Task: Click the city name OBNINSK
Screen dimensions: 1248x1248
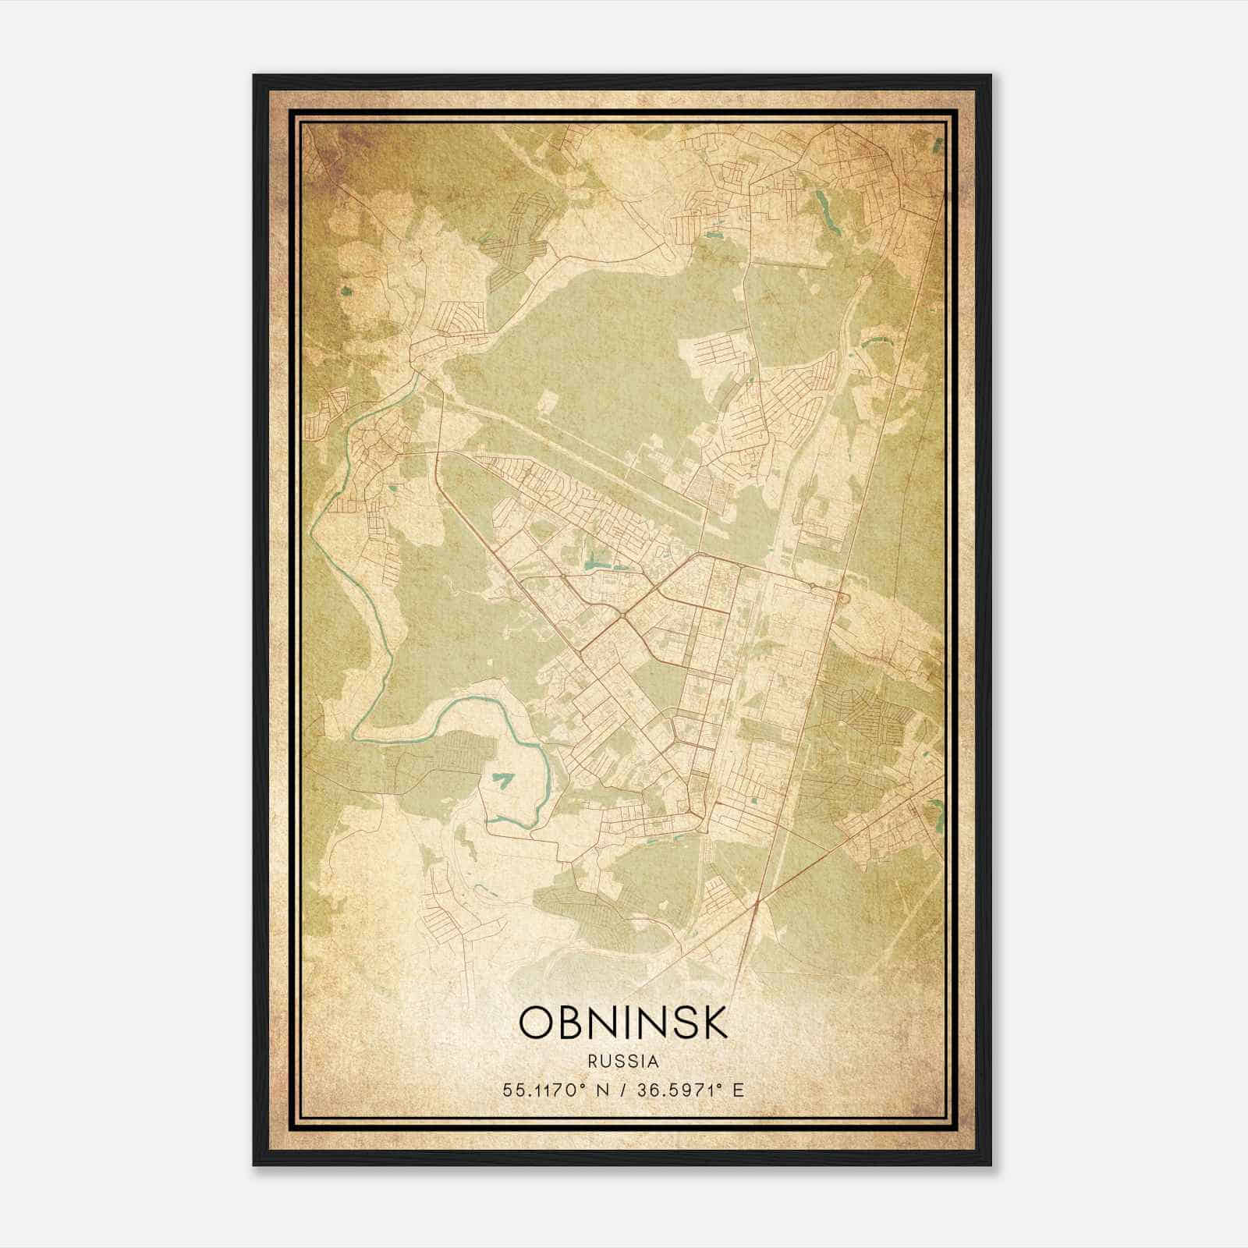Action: pos(623,1023)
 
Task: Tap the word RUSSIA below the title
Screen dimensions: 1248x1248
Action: pos(623,1062)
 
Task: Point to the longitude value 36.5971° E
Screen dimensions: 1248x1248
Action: pos(690,1090)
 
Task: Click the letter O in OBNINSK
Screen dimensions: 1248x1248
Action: pos(537,1023)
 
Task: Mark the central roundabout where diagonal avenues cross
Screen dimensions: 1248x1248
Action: pos(625,616)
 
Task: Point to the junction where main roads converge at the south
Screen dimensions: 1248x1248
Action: pos(757,902)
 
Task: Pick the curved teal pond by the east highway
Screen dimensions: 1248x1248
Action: pos(878,341)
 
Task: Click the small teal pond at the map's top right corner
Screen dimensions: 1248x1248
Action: pos(939,143)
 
